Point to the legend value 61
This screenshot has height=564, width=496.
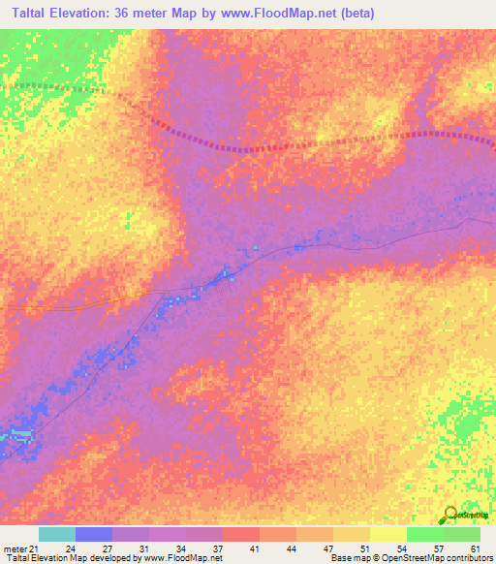tap(475, 548)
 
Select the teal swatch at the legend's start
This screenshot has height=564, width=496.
tap(57, 534)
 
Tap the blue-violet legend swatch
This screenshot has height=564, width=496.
tap(94, 534)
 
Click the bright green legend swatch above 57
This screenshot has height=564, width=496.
tap(424, 534)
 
